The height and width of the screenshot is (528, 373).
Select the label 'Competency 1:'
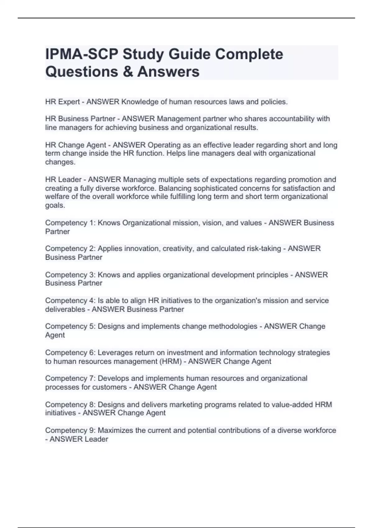[70, 223]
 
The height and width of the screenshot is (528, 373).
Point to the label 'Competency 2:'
[70, 249]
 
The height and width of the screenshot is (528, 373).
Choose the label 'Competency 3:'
[70, 275]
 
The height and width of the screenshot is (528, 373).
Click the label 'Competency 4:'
[70, 301]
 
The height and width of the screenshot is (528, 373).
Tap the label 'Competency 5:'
[70, 326]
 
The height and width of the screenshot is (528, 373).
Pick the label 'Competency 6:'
[70, 353]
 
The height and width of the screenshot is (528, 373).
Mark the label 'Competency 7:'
[70, 379]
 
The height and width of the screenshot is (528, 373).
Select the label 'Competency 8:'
[70, 405]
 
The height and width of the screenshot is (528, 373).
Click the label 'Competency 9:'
[70, 430]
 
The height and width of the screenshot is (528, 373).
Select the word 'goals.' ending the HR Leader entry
[55, 206]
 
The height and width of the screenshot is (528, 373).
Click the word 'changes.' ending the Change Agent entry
[60, 162]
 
